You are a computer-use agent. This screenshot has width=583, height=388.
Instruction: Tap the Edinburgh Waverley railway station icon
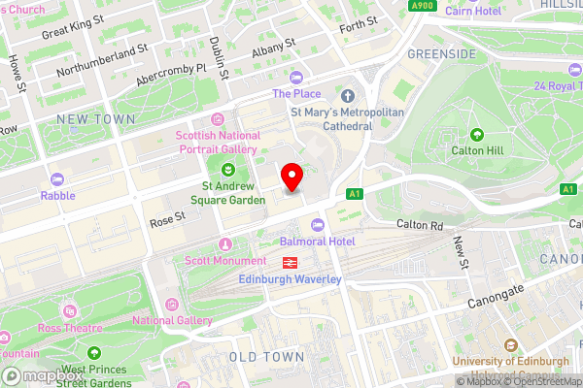[290, 263]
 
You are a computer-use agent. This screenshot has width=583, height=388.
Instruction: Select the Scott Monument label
[225, 261]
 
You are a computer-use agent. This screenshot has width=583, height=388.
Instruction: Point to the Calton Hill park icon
[476, 134]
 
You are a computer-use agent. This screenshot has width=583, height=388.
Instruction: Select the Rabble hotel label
[57, 195]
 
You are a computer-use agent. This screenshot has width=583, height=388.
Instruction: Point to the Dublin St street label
[219, 57]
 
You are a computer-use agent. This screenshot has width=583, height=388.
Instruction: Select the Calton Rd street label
[419, 225]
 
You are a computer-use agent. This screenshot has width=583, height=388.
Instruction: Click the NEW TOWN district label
[94, 118]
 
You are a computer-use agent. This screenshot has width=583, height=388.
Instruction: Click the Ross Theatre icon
[69, 310]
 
